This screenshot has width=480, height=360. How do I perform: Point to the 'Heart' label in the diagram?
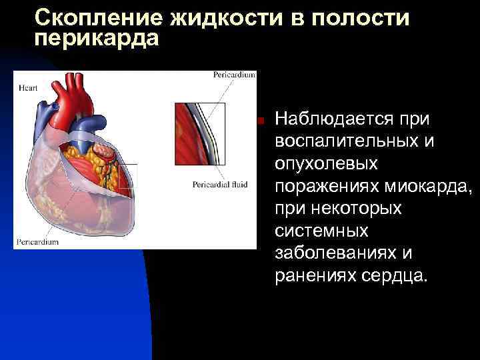click(28, 87)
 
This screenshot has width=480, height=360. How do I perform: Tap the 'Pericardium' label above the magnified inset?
click(234, 75)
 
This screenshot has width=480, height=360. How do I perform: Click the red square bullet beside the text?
click(263, 121)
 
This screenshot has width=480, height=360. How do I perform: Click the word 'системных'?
click(321, 231)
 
